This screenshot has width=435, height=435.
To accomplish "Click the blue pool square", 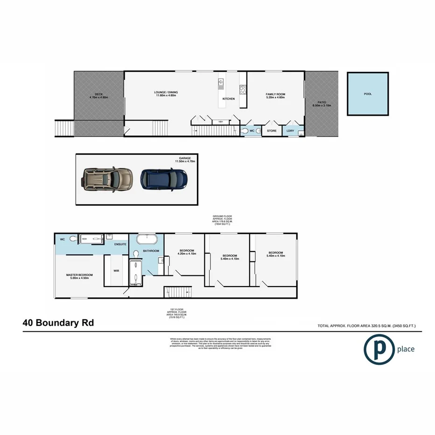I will (x=368, y=94).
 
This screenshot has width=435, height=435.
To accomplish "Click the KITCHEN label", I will (x=228, y=99).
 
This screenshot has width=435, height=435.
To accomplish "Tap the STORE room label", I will (x=272, y=131).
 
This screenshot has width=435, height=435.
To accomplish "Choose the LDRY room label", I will (x=291, y=131).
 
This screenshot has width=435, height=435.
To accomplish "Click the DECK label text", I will (x=98, y=96).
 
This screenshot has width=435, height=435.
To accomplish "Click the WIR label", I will (x=117, y=270).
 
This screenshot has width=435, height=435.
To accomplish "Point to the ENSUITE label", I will (x=119, y=244).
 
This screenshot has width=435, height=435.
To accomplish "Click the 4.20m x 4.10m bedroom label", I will (x=187, y=252).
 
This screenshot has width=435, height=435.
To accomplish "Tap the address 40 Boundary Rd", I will (x=58, y=323).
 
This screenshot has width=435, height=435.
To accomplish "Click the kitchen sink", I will (x=221, y=84).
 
